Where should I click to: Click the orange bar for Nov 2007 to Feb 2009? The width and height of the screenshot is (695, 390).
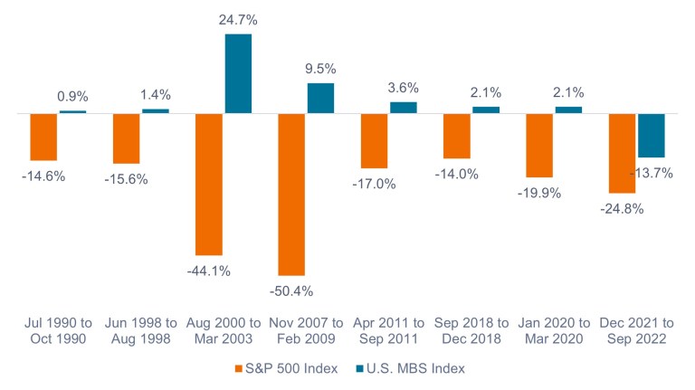(x=291, y=195)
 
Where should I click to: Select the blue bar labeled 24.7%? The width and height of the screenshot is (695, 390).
(x=238, y=74)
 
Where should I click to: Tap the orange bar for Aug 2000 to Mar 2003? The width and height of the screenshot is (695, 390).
(x=209, y=185)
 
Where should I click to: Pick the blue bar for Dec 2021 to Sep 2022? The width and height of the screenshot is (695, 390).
(x=651, y=136)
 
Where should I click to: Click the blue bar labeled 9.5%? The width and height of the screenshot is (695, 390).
(x=320, y=99)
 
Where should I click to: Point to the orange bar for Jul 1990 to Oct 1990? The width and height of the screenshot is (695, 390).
(x=43, y=138)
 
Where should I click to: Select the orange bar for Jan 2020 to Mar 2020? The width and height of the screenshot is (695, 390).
(x=539, y=146)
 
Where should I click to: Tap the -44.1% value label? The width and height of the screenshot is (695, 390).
(x=207, y=271)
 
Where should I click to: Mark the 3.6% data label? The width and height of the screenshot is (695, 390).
(x=404, y=88)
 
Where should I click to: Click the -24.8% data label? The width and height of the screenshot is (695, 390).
(x=623, y=209)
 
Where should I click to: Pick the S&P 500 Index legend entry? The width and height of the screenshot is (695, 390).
(x=281, y=368)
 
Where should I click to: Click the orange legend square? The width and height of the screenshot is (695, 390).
(x=238, y=369)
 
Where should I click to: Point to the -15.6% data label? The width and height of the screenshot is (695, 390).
(x=126, y=179)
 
